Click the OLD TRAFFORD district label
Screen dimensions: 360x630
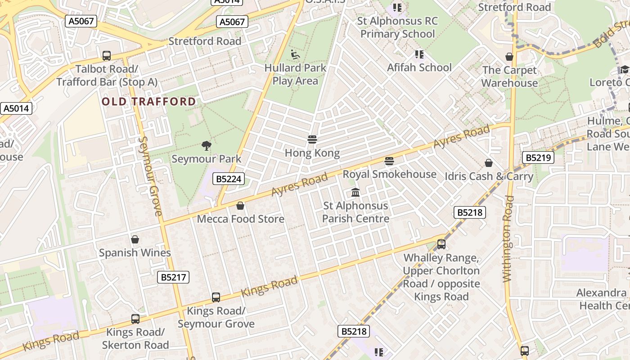[149, 101]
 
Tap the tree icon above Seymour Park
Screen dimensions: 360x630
[207, 145]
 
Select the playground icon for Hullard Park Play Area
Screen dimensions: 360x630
[295, 54]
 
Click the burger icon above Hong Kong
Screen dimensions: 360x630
[312, 139]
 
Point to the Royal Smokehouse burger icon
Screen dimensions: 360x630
[389, 161]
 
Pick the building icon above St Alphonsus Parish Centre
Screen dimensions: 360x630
[355, 192]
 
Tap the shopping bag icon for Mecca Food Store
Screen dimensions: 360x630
[240, 206]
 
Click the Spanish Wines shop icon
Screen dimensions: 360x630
[135, 239]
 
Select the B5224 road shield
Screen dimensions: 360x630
[229, 179]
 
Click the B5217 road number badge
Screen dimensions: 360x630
[173, 277]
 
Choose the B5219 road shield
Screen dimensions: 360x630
[538, 157]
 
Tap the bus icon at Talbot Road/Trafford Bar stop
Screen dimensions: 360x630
[107, 56]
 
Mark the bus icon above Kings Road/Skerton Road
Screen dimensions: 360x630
[135, 319]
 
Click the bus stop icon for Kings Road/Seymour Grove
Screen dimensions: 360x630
[216, 297]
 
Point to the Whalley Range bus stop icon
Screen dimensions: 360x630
[441, 244]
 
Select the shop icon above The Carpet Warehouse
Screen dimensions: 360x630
[509, 57]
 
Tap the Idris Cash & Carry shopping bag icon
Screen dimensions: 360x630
[489, 163]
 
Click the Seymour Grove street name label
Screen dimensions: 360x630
[150, 175]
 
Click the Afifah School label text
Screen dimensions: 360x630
[419, 67]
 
